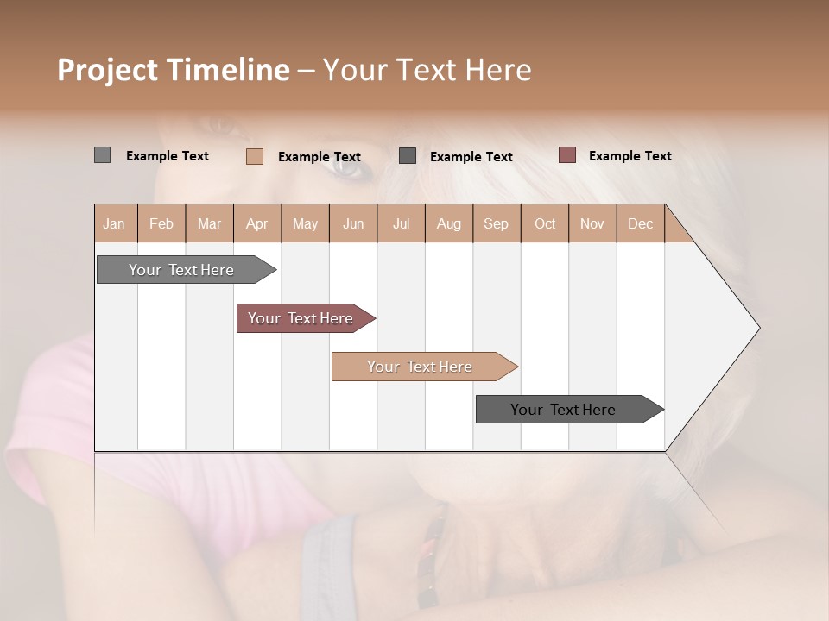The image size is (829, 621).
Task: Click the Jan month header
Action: click(114, 224)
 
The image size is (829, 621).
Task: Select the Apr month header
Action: click(256, 224)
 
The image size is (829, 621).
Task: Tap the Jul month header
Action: click(401, 224)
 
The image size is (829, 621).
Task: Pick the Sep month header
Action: click(496, 224)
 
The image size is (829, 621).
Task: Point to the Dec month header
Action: click(640, 224)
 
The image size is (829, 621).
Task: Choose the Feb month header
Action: click(161, 224)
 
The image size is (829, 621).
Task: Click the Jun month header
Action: click(353, 224)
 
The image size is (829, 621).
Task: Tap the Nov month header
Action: click(592, 224)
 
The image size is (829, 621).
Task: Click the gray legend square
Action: click(102, 155)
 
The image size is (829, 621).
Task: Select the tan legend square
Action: click(255, 156)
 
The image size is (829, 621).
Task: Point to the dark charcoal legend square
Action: click(408, 156)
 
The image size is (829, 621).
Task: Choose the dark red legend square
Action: click(566, 155)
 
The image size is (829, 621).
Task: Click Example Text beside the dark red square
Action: click(630, 156)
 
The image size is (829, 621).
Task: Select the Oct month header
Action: click(545, 224)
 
